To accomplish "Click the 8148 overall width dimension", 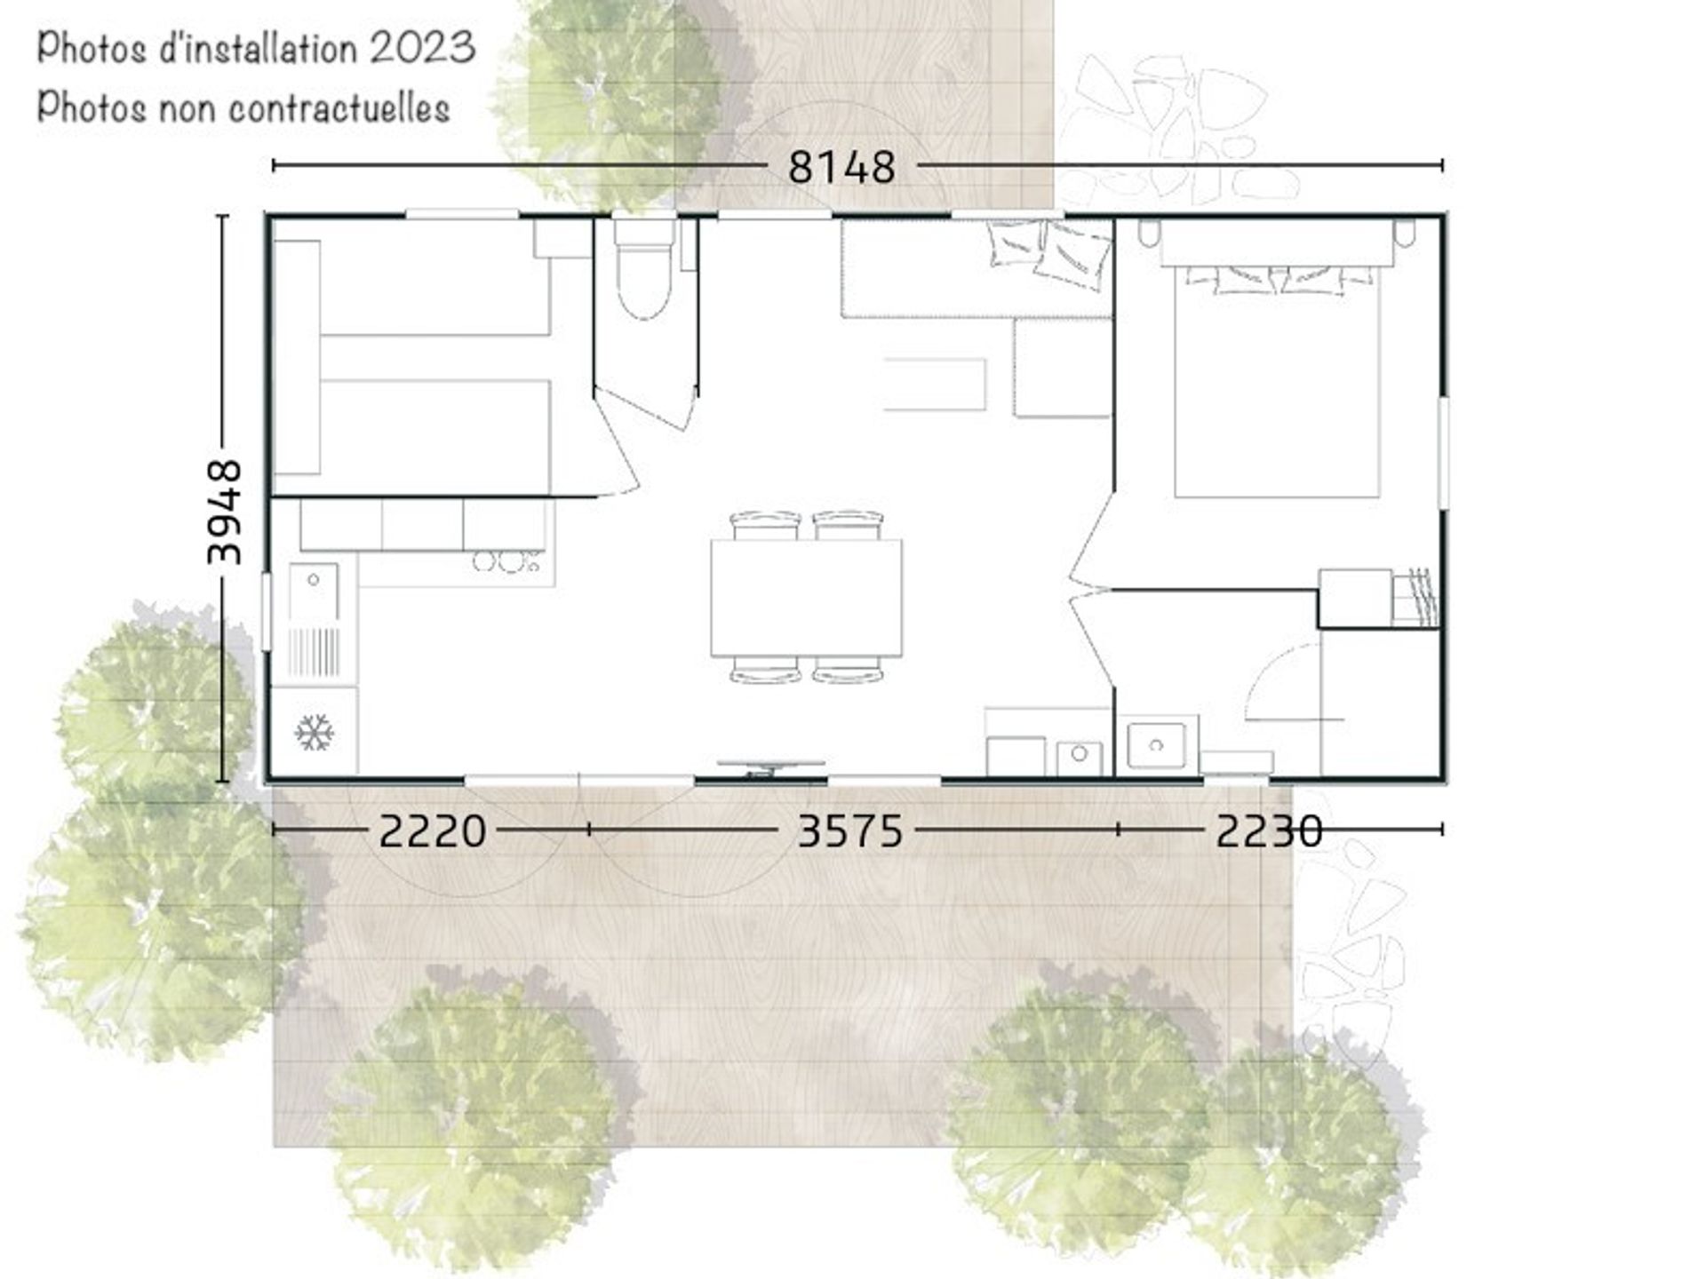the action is click(841, 166).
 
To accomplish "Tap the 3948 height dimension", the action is click(223, 512).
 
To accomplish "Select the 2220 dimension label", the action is click(433, 831).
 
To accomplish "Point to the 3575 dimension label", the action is click(850, 831).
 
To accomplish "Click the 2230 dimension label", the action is click(1269, 831).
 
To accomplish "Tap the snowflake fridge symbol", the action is click(315, 732).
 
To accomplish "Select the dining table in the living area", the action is click(806, 598).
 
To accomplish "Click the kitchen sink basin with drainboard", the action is click(314, 620).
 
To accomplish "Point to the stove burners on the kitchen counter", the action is click(507, 561).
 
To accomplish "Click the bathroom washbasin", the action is click(1156, 744).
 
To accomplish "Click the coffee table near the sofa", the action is click(935, 385).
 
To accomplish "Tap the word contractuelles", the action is click(339, 108).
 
